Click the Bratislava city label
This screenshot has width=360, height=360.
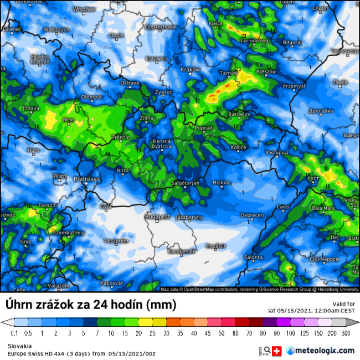(86, 179)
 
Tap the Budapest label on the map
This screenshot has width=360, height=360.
(157, 217)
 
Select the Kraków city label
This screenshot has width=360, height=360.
(190, 69)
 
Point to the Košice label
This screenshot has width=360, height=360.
(239, 147)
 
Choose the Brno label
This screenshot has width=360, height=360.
(68, 119)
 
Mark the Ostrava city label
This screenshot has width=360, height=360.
(130, 83)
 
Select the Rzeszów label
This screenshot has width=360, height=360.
(266, 71)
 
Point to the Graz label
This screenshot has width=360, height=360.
(25, 242)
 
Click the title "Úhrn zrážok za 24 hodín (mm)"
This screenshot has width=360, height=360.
(91, 305)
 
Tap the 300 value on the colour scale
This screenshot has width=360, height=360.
(345, 333)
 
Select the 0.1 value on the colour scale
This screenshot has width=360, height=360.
(14, 333)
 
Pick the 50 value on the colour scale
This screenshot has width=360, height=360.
(221, 333)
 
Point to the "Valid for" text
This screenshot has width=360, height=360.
(343, 304)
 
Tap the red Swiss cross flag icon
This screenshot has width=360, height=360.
(277, 351)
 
